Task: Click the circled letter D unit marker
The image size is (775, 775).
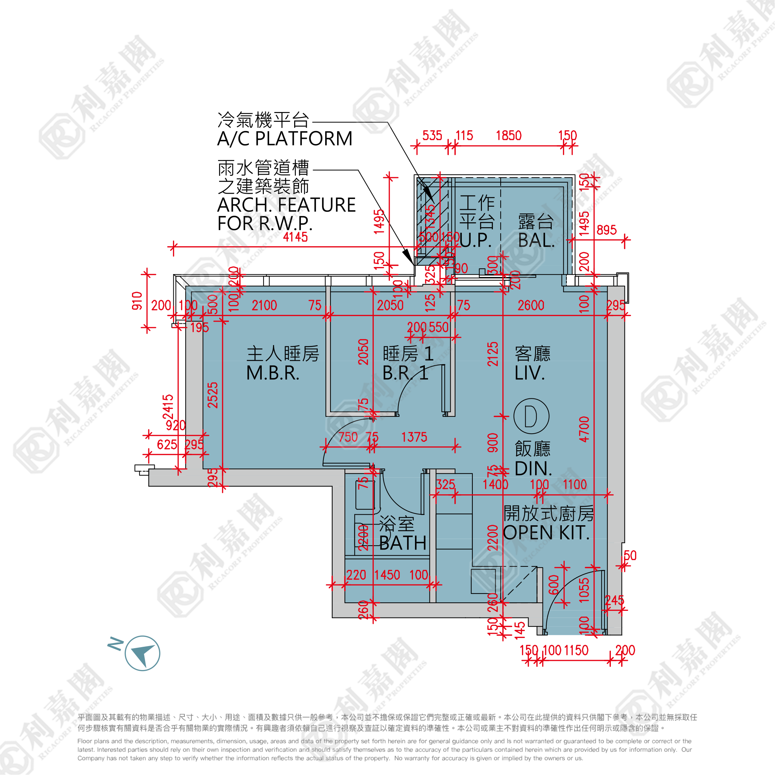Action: (x=531, y=416)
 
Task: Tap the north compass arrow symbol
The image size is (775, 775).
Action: (x=142, y=653)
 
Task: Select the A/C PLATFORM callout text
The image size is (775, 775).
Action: (x=284, y=139)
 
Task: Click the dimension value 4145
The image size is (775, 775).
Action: (x=295, y=237)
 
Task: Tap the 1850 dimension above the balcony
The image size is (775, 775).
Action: (x=508, y=136)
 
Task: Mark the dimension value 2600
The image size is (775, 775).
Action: (x=531, y=306)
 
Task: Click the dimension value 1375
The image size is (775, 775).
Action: (x=414, y=437)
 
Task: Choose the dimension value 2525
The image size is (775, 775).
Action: (x=213, y=395)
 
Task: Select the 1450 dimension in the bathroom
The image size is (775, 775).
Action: (x=387, y=575)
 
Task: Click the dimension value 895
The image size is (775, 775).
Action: (x=606, y=230)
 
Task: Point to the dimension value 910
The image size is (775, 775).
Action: (x=137, y=301)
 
